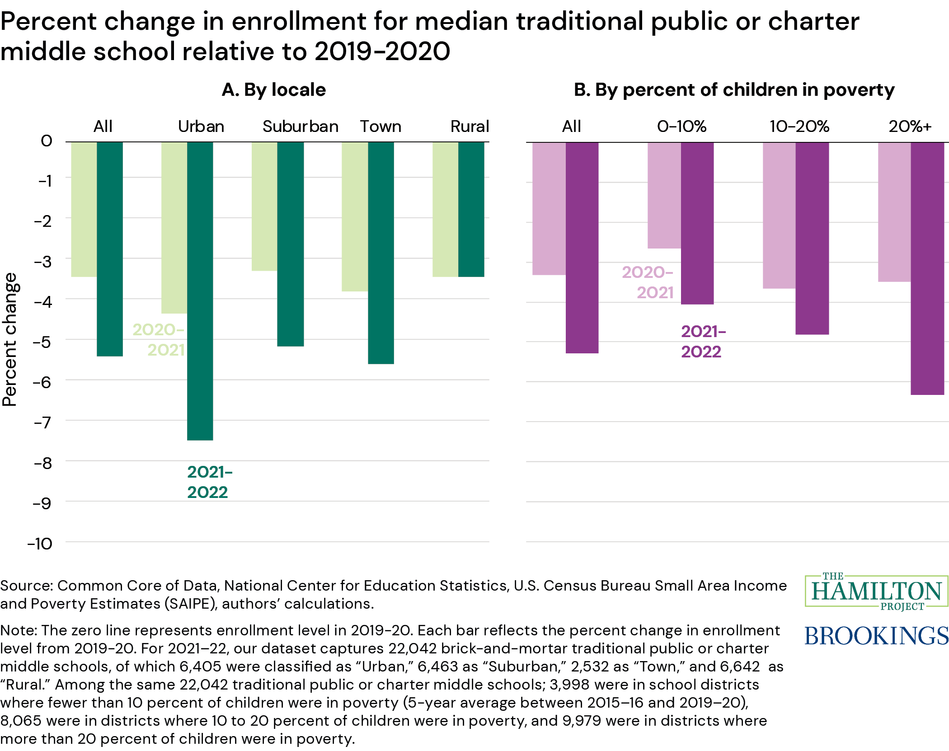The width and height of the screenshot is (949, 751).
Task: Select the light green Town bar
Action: tap(355, 216)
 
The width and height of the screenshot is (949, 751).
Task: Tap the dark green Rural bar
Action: tap(471, 209)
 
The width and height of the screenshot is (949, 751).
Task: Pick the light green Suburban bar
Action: tap(264, 207)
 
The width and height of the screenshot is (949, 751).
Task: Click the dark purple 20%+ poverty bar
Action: tap(927, 268)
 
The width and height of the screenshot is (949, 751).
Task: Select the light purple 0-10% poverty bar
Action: tap(664, 195)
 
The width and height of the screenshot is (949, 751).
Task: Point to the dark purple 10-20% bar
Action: tap(812, 238)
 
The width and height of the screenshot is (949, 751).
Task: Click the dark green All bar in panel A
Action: tap(110, 249)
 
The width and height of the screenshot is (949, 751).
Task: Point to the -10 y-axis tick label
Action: tap(40, 544)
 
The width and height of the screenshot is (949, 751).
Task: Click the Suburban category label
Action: tap(301, 127)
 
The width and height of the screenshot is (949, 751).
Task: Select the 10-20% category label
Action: tap(799, 127)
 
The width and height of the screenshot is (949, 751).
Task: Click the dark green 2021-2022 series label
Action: tap(209, 482)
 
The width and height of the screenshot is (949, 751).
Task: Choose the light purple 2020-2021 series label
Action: tap(648, 282)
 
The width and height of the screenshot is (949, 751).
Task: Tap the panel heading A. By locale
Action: tap(274, 90)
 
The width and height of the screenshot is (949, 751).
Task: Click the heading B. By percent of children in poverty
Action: tap(734, 90)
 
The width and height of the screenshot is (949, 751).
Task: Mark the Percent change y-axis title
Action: tap(10, 339)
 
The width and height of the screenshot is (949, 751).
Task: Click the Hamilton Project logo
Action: tap(876, 591)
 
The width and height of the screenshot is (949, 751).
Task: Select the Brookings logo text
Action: tap(876, 636)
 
